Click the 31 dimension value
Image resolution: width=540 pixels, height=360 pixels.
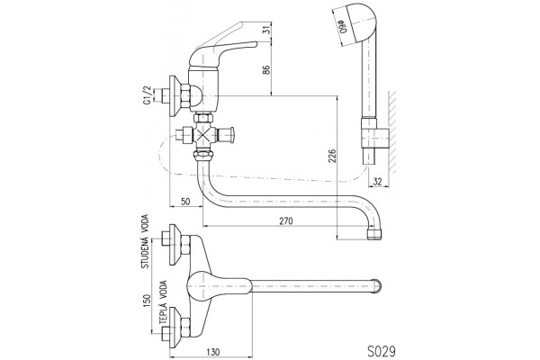click(265, 30)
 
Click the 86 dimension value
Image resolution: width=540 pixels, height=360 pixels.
click(265, 69)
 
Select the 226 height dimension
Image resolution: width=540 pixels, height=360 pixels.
click(331, 156)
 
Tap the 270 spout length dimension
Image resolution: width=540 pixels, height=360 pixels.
click(286, 220)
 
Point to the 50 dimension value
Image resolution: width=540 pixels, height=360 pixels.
click(185, 202)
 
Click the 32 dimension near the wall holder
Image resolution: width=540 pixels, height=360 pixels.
click(378, 182)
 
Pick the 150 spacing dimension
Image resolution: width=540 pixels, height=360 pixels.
click(147, 301)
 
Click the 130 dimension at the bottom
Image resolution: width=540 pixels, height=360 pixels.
click(213, 352)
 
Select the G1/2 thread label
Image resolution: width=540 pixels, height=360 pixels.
click(147, 95)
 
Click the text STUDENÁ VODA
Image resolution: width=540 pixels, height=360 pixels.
click(145, 241)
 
